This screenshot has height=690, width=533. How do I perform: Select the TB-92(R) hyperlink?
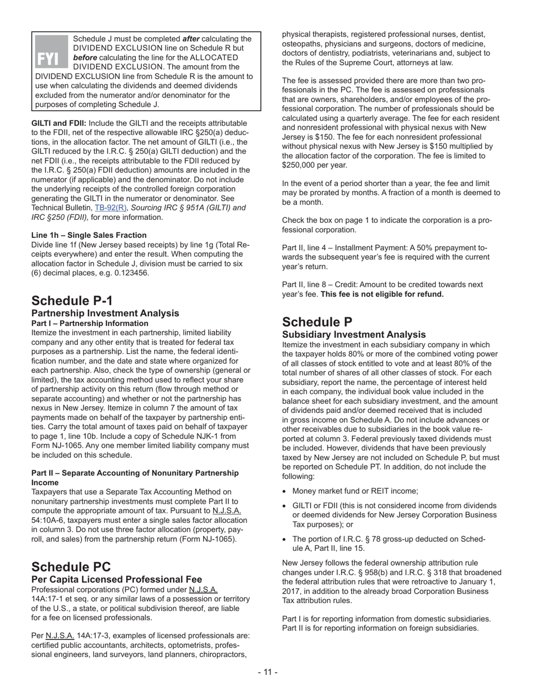[x=111, y=208]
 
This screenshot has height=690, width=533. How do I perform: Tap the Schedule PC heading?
[x=71, y=567]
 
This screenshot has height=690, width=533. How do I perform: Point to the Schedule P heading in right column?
[x=317, y=322]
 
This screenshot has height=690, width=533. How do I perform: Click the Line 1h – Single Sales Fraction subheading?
[x=89, y=235]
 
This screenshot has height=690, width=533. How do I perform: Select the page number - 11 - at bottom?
[x=268, y=672]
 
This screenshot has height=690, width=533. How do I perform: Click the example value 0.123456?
[x=130, y=273]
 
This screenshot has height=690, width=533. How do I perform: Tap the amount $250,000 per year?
[x=314, y=165]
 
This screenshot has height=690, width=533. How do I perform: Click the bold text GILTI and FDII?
[x=59, y=123]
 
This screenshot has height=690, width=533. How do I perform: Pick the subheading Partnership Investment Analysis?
[x=105, y=313]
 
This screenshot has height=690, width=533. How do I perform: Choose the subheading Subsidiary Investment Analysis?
[x=354, y=334]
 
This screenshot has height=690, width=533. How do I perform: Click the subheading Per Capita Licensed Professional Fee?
[x=117, y=579]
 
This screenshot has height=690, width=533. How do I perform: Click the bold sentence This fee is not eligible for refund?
[x=382, y=294]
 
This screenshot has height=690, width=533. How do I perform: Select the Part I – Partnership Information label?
[x=90, y=324]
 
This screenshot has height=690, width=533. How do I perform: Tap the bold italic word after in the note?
[x=191, y=39]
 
